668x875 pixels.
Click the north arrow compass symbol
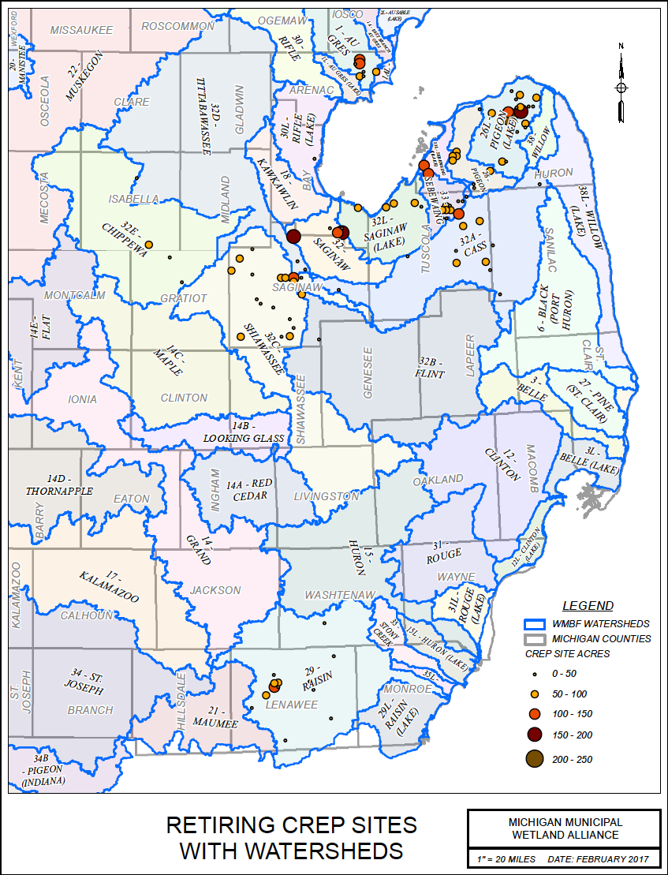(x=621, y=84)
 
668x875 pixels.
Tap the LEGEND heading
(x=588, y=606)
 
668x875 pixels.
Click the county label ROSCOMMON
(x=178, y=26)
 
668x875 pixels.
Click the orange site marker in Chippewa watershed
(x=148, y=244)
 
